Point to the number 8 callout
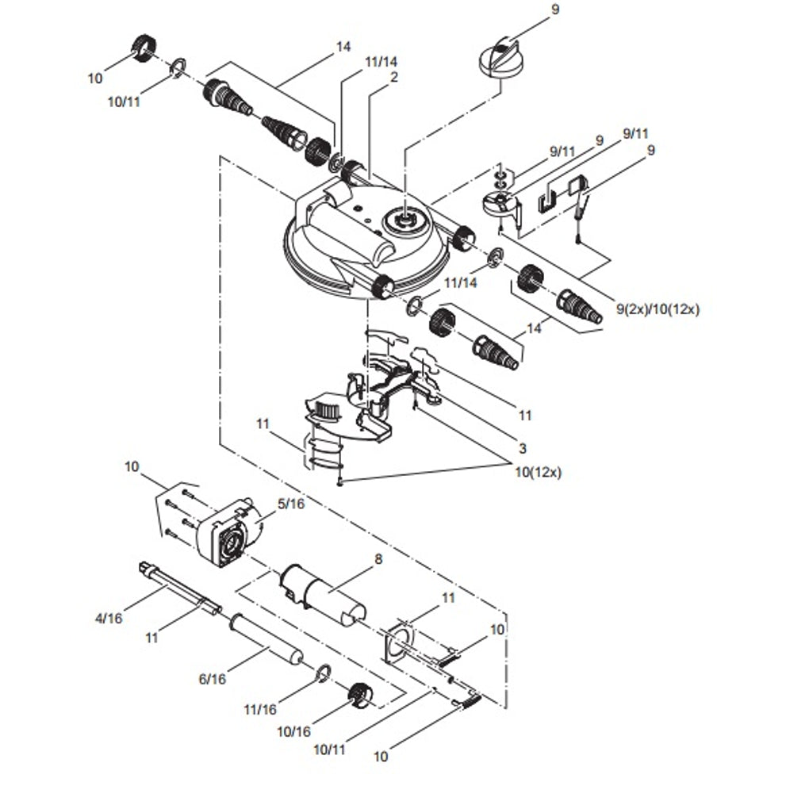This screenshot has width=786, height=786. click(378, 559)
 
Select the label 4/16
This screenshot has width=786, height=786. click(109, 619)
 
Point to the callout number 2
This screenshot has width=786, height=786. click(370, 77)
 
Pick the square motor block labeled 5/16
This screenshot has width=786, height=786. click(226, 532)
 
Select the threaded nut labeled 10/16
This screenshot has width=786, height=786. click(361, 694)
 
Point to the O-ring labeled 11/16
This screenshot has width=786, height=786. click(324, 674)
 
